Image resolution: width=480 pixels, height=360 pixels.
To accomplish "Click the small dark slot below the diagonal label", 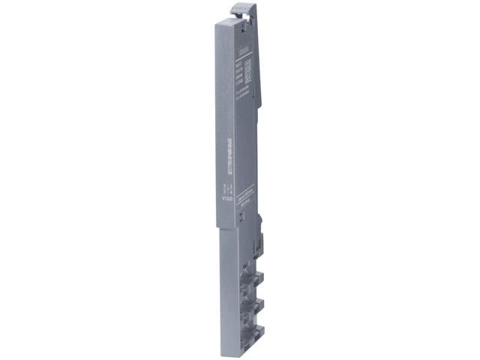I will [241, 214].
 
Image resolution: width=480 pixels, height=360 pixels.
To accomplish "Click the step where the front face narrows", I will [226, 229].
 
